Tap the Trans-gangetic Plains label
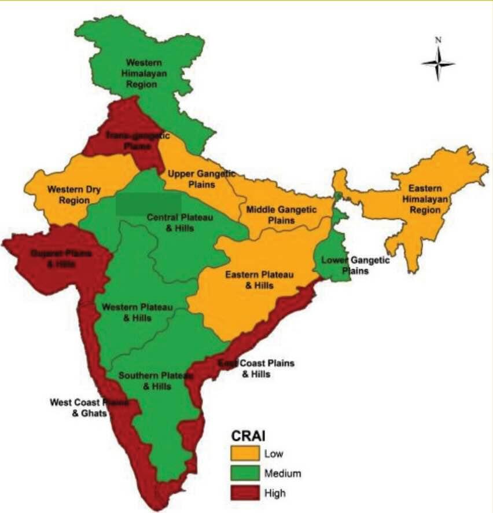[x=137, y=141]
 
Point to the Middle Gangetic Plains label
[x=281, y=214]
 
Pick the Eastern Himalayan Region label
[x=425, y=199]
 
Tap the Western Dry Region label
[x=68, y=195]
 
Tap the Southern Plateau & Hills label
[x=154, y=381]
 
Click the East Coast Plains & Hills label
[x=256, y=368]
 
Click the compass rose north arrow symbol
[x=438, y=63]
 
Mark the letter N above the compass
[x=439, y=40]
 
